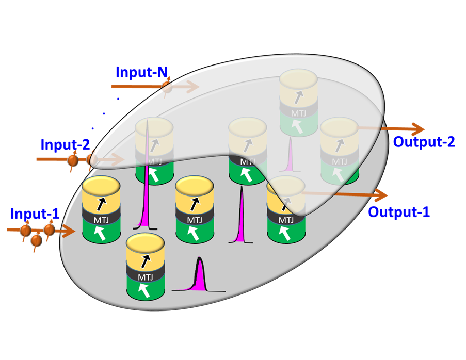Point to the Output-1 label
(x=399, y=211)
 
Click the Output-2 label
(x=424, y=141)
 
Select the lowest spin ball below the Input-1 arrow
(x=36, y=240)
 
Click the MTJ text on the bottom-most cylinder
(x=146, y=276)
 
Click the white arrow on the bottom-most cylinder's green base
(x=146, y=292)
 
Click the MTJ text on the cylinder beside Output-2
(x=339, y=161)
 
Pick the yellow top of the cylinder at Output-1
(x=285, y=184)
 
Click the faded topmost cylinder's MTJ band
(x=298, y=112)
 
